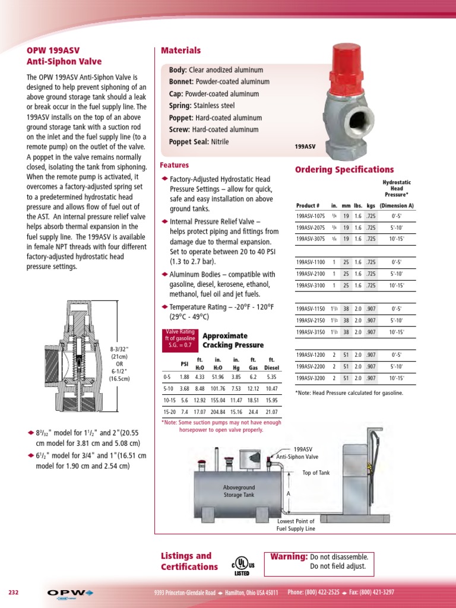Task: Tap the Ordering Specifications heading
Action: tap(344, 170)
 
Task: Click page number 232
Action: tap(14, 593)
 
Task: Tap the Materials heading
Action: tap(181, 51)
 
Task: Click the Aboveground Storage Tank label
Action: tap(238, 490)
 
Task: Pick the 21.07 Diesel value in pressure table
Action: tap(271, 412)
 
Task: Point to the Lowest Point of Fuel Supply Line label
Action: tap(296, 525)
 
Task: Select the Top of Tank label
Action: tap(315, 473)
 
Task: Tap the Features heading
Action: tap(175, 165)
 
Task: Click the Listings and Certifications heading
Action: tap(189, 561)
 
